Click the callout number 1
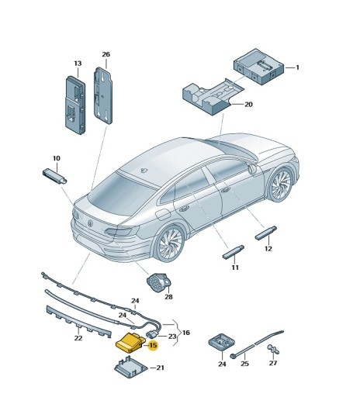[297, 67]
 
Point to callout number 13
[78, 64]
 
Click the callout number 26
[106, 54]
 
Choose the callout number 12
[268, 249]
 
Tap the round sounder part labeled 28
[160, 283]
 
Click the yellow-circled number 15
[153, 345]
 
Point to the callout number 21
[160, 368]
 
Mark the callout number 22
[78, 338]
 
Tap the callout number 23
[172, 337]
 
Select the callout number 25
[244, 364]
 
